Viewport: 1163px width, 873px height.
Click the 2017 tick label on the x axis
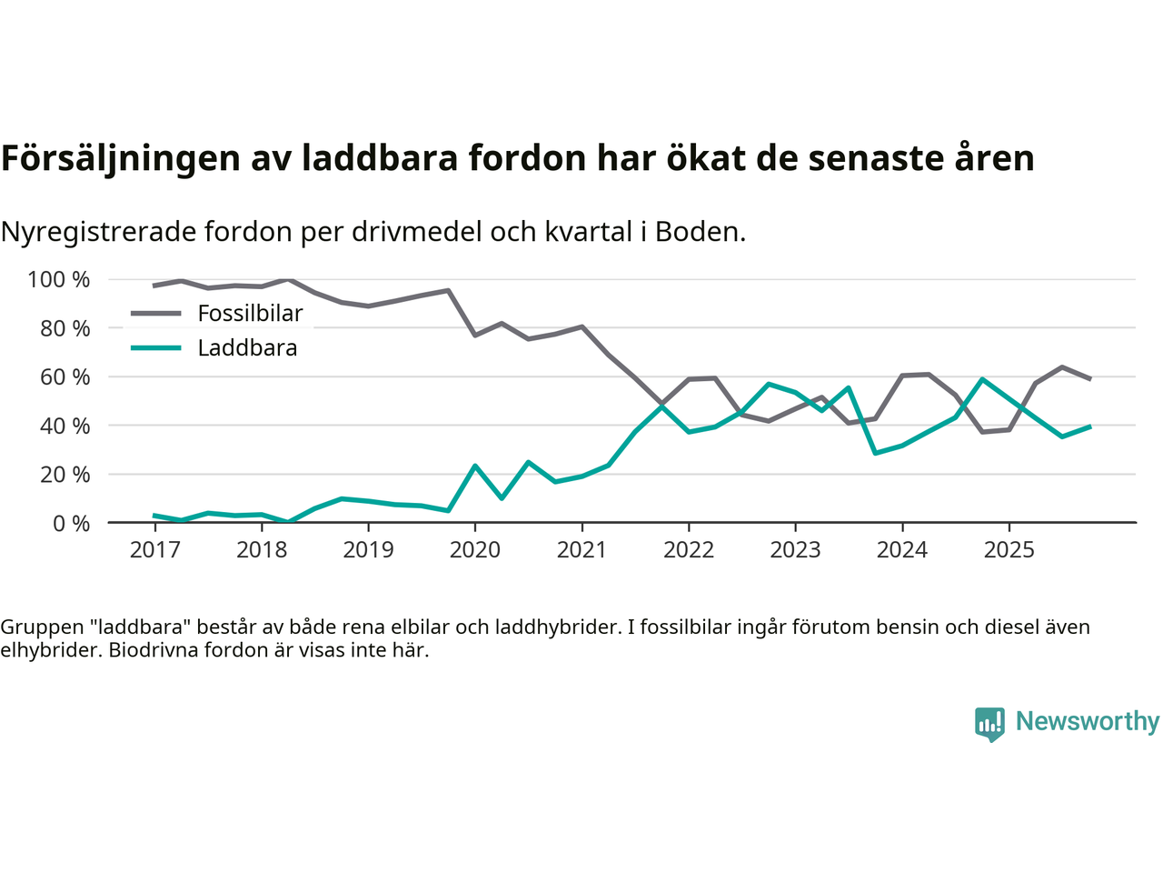155,550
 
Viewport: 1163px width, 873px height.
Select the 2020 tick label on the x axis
475,550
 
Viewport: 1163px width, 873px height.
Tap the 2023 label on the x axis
795,550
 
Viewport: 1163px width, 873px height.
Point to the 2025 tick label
1009,550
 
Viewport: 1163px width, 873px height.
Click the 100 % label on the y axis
59,279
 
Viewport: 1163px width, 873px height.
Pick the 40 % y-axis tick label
65,426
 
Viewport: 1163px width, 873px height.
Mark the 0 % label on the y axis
71,523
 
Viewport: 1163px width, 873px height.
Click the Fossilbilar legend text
250,314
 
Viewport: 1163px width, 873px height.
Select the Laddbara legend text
247,348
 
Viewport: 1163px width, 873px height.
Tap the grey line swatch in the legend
156,314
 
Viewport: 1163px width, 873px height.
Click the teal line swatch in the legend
156,348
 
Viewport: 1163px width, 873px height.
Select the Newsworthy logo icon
989,724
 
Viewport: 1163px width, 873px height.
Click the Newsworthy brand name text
1088,721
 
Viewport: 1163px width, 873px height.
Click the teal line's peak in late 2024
982,379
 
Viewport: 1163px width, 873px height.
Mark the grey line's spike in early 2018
289,279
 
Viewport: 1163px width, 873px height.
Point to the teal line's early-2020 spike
475,466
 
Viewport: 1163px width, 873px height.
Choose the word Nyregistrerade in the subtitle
98,232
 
